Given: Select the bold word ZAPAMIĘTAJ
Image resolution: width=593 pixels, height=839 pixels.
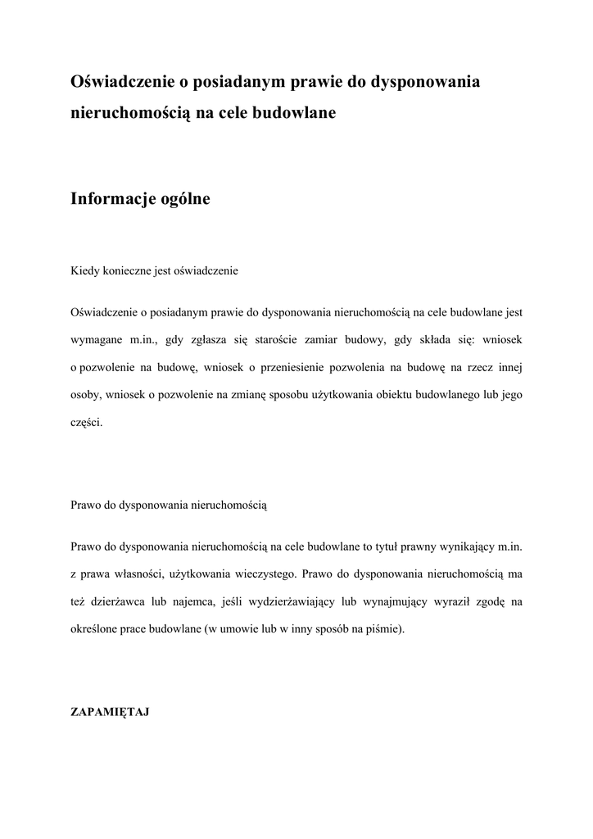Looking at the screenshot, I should tap(109, 712).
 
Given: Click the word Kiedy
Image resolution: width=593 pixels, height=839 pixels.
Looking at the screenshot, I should tap(84, 270).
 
